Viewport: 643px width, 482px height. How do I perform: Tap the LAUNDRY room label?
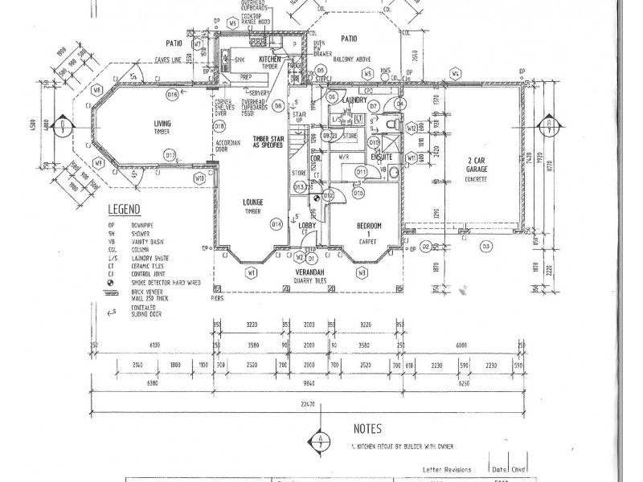coord(354,100)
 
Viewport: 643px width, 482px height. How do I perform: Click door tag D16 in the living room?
coord(172,95)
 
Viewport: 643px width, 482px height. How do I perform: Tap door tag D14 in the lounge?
coord(276,224)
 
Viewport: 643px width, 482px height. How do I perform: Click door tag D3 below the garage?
coord(485,247)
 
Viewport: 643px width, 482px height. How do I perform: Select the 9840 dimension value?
coord(308,384)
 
